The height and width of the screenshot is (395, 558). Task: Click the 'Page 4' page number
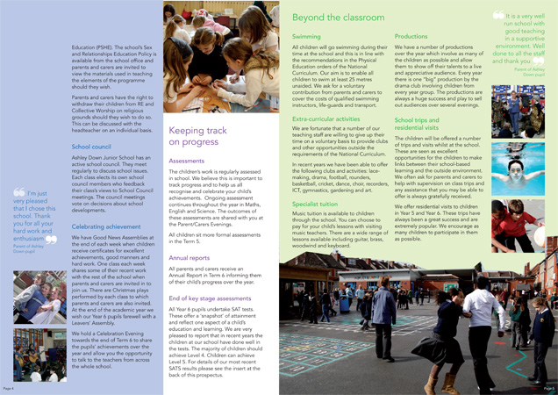pyautogui.click(x=8, y=387)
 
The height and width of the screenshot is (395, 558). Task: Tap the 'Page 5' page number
pyautogui.click(x=549, y=387)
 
